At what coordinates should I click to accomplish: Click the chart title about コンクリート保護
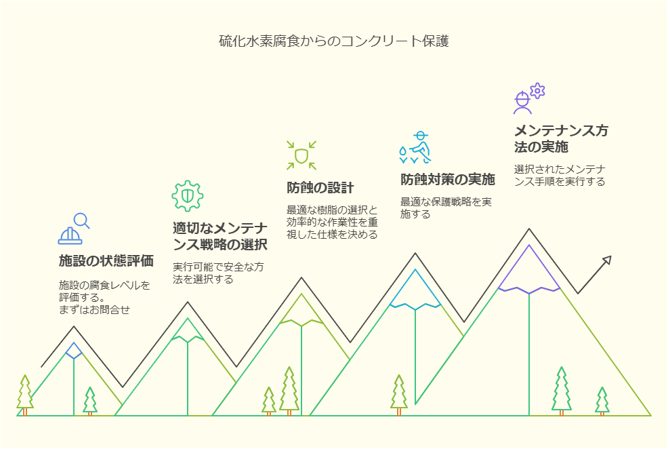(x=333, y=41)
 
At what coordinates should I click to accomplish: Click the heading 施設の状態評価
(x=106, y=260)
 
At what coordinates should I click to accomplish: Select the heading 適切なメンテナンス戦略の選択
(x=220, y=236)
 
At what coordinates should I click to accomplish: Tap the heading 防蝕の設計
(x=320, y=188)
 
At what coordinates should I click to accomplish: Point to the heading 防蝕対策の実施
(x=447, y=179)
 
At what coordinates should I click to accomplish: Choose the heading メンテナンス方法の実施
(x=561, y=138)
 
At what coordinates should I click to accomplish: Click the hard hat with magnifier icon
(x=74, y=229)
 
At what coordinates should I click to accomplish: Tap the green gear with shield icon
(x=188, y=196)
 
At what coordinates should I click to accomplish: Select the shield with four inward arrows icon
(x=301, y=155)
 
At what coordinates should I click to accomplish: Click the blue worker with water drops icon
(x=415, y=148)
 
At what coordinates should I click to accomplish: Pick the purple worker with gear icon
(x=529, y=98)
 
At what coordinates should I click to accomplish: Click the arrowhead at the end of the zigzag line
(x=608, y=260)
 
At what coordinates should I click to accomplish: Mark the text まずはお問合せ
(x=94, y=309)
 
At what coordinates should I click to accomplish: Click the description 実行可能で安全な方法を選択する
(x=218, y=273)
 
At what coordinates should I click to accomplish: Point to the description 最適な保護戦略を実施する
(x=446, y=208)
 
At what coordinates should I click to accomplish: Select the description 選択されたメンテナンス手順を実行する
(x=560, y=175)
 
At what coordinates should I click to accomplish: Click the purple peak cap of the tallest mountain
(x=529, y=269)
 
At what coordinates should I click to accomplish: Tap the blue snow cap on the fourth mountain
(x=415, y=290)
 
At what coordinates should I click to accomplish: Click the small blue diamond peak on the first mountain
(x=74, y=351)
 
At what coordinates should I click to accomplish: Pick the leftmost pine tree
(x=25, y=395)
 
